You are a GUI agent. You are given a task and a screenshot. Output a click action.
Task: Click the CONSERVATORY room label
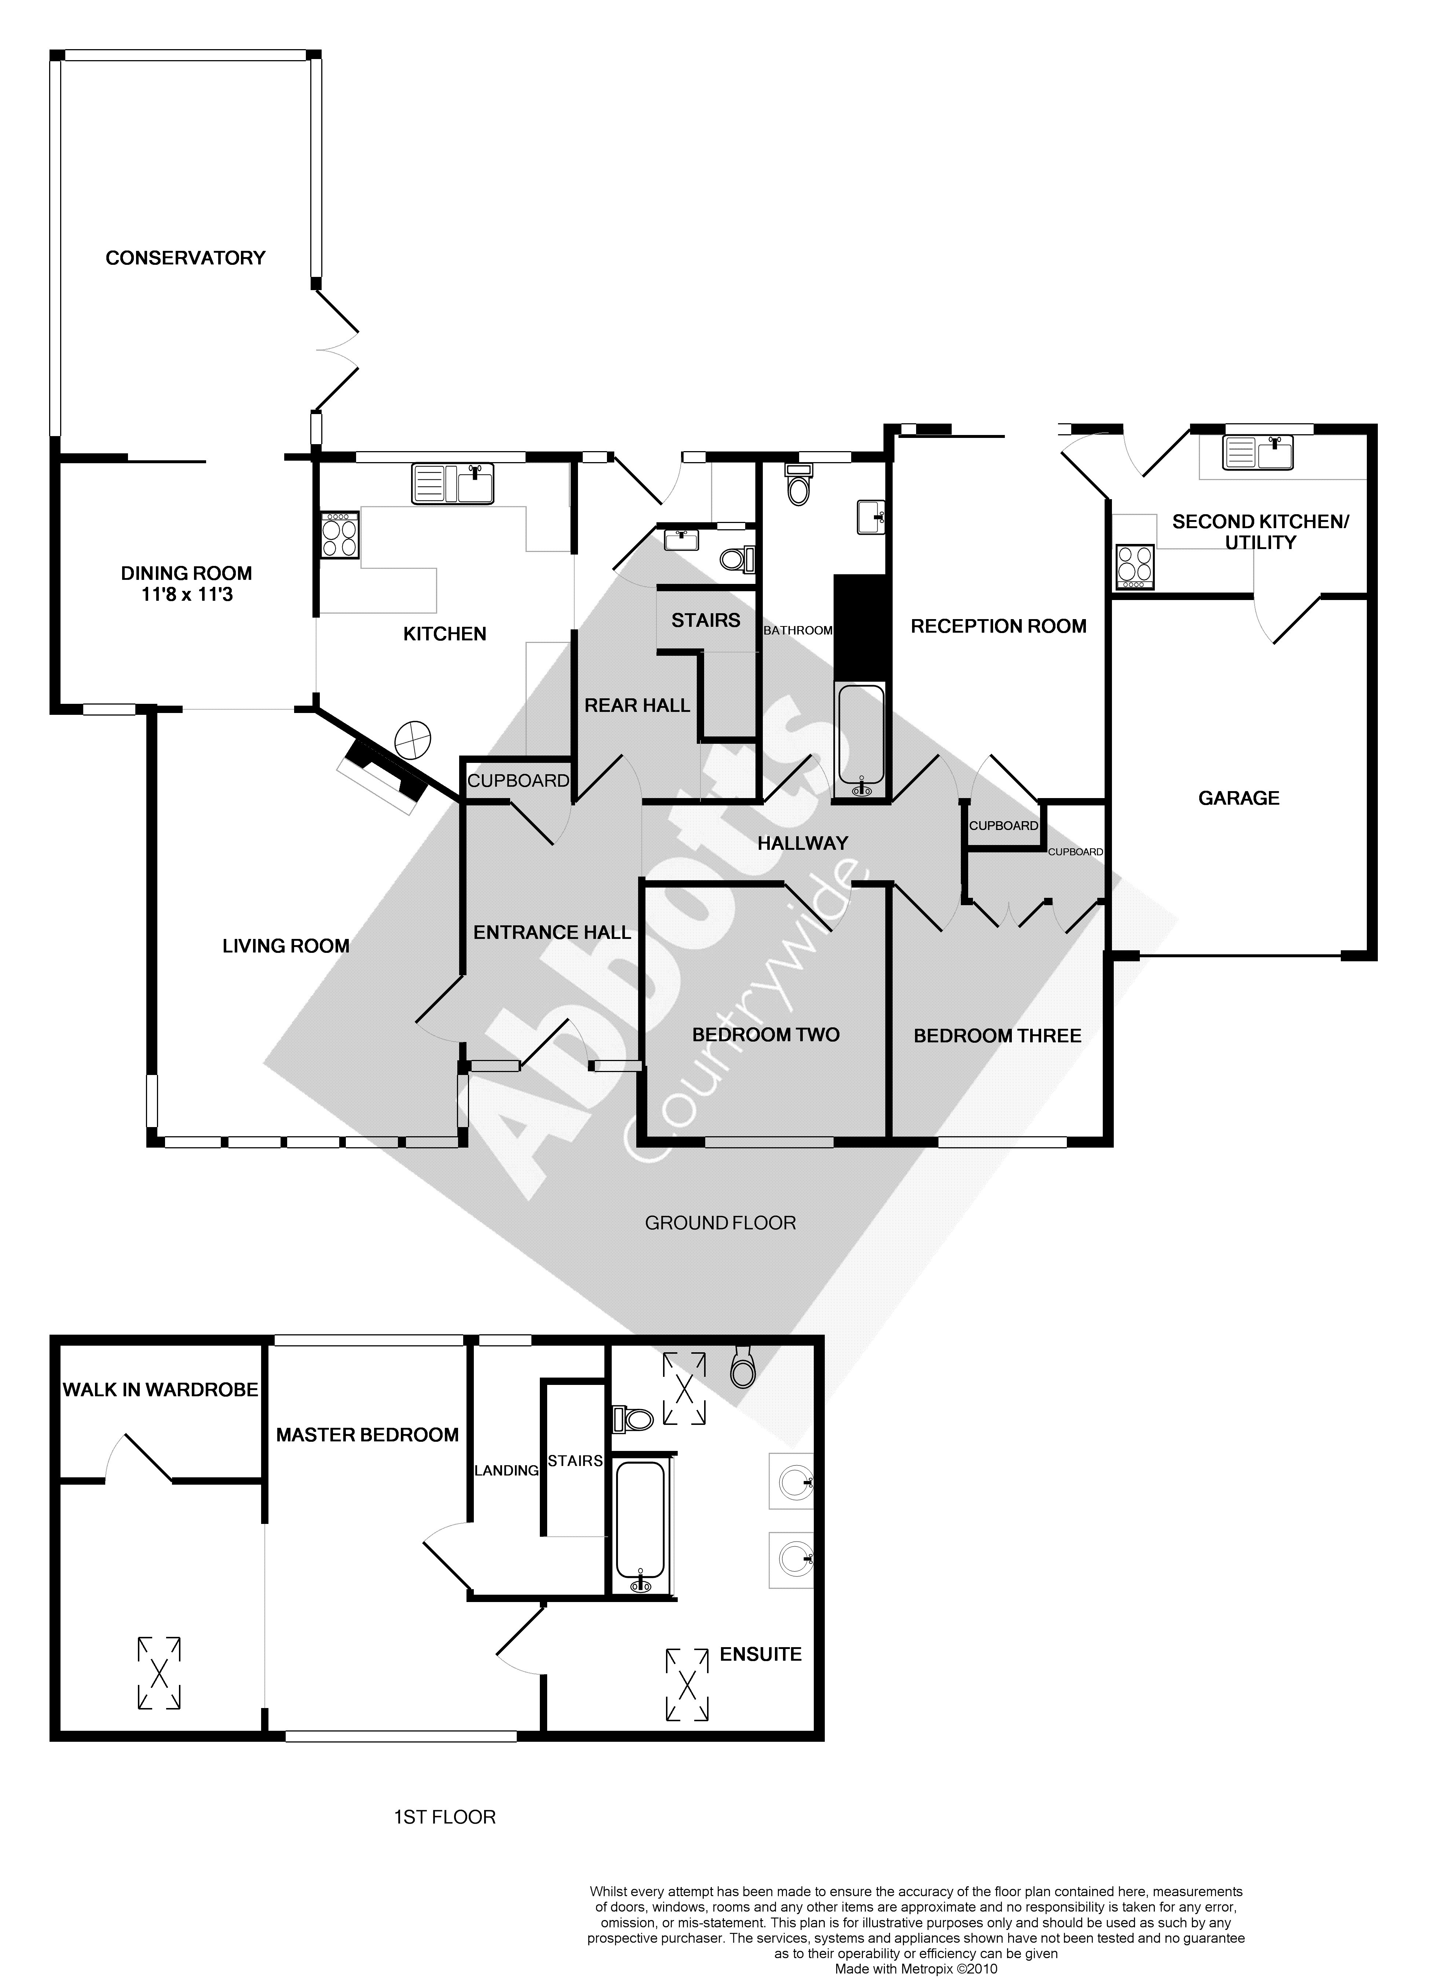pos(185,258)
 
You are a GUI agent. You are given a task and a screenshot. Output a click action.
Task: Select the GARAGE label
pos(1238,798)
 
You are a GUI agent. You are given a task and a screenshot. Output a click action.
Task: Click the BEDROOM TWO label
pos(766,1035)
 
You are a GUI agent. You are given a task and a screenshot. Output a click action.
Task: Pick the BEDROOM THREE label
pos(997,1036)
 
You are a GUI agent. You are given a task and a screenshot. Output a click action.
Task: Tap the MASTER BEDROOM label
pos(367,1435)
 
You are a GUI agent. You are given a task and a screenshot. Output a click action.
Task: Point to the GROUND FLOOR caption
pos(720,1222)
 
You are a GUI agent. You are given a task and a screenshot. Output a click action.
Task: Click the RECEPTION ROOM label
pos(998,626)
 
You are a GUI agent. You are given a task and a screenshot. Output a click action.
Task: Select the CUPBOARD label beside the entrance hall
pos(518,780)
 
